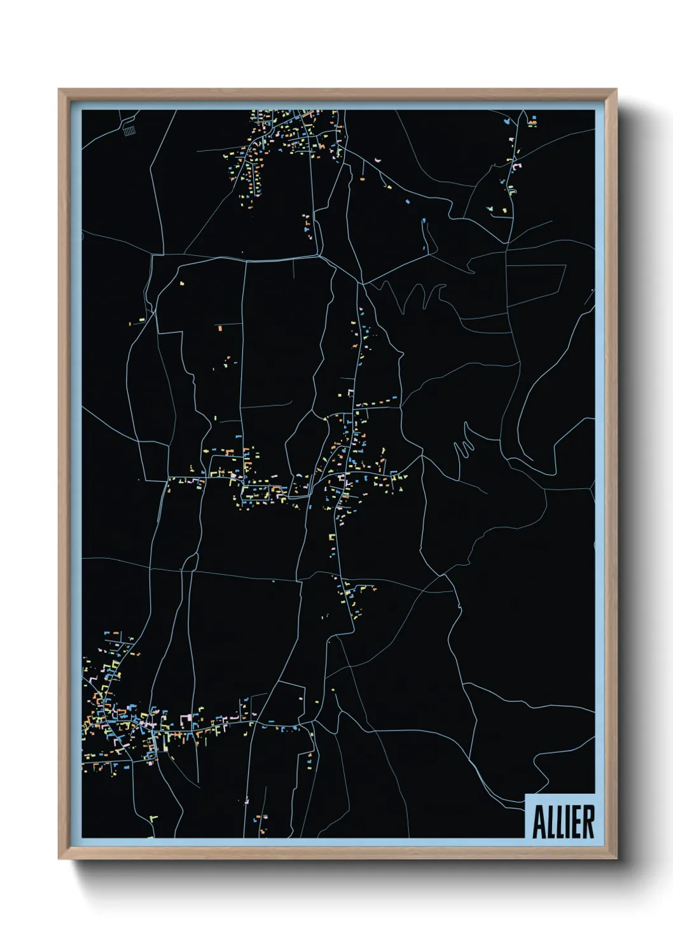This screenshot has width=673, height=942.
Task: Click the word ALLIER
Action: pos(563,822)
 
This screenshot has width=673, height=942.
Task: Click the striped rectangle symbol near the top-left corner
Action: pos(129,130)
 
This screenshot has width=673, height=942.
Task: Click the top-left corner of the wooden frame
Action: pos(59,90)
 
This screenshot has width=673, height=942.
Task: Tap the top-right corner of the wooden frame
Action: pos(616,90)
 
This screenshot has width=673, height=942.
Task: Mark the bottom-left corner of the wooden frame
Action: pos(59,859)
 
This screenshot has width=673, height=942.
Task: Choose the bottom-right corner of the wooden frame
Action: pos(616,859)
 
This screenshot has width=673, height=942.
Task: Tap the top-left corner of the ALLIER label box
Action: pos(526,794)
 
